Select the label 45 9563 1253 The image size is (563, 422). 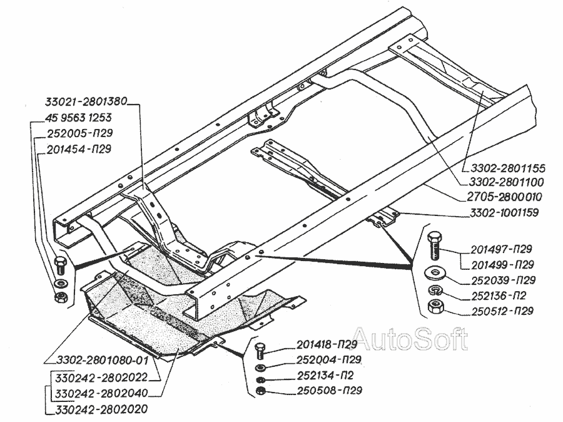(x=79, y=118)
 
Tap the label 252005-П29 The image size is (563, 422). (x=79, y=133)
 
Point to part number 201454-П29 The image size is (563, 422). (x=79, y=149)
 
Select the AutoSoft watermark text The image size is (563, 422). (x=410, y=339)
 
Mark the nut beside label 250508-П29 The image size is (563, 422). (x=261, y=392)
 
